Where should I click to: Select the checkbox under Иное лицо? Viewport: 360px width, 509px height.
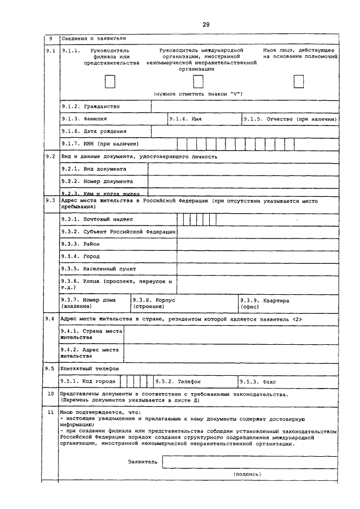click(298, 82)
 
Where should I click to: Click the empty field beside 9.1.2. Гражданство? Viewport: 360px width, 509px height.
click(245, 106)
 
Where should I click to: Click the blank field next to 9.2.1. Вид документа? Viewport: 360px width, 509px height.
click(243, 169)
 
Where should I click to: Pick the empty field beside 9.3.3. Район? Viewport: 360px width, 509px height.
click(258, 244)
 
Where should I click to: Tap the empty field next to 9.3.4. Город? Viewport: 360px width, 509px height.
click(258, 256)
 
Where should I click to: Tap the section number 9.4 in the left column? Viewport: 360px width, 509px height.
click(49, 319)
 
